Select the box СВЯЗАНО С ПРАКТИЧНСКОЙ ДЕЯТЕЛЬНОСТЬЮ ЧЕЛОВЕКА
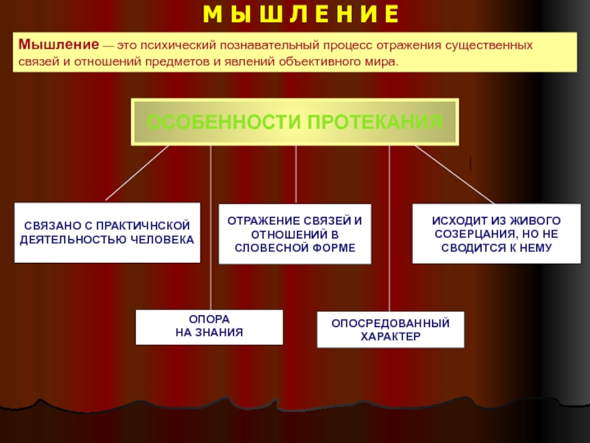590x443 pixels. tap(107, 233)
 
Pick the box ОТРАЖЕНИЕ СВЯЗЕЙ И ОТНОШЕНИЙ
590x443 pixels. tap(295, 235)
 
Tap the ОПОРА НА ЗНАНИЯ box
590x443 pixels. tap(209, 327)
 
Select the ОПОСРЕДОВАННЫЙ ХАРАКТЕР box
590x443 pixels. tap(390, 329)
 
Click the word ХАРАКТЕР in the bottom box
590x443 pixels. tap(390, 337)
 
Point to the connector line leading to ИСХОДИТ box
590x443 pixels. tap(454, 173)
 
